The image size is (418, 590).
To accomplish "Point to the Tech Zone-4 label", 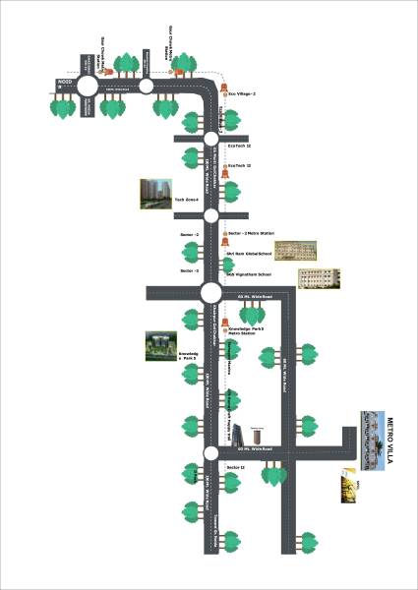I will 187,200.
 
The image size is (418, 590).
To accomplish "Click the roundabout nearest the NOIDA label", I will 88,86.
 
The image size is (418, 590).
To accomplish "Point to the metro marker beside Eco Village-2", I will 225,95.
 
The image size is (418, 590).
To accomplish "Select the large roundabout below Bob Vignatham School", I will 210,292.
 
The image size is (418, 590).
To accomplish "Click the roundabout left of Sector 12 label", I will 210,453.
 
